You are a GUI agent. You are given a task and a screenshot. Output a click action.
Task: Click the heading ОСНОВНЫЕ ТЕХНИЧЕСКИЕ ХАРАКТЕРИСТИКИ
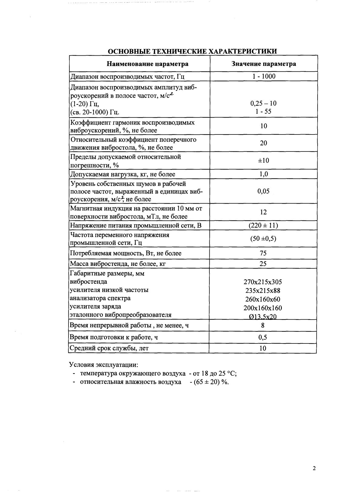(x=192, y=51)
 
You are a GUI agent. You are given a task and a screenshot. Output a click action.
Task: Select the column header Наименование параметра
(x=147, y=64)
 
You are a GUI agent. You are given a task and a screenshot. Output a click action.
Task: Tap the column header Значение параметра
(x=264, y=64)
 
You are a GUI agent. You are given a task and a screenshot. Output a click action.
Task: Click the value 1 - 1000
(x=264, y=76)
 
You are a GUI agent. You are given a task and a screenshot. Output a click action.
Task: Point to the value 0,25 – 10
(x=263, y=103)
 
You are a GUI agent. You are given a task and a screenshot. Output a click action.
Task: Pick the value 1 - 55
(x=263, y=111)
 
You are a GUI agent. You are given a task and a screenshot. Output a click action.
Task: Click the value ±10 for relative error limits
(x=263, y=160)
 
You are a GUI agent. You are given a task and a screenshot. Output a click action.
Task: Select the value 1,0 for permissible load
(x=263, y=174)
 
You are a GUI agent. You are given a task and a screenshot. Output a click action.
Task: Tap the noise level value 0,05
(x=263, y=191)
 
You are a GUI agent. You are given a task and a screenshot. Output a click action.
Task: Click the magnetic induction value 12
(x=263, y=212)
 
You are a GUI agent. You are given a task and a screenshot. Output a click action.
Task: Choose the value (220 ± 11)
(x=263, y=225)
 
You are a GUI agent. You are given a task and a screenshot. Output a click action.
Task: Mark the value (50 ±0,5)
(x=263, y=238)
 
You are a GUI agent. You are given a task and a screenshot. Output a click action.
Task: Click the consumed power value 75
(x=263, y=253)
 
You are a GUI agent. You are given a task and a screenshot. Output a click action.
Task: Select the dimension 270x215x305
(x=263, y=282)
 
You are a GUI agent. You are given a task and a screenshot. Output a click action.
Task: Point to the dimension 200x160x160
(x=263, y=308)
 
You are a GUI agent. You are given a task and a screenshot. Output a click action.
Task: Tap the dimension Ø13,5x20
(x=263, y=317)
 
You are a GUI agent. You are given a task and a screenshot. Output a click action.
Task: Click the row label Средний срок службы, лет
(x=109, y=348)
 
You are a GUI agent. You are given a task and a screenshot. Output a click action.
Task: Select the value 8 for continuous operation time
(x=263, y=326)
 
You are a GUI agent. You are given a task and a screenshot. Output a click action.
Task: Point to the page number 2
(x=314, y=469)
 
